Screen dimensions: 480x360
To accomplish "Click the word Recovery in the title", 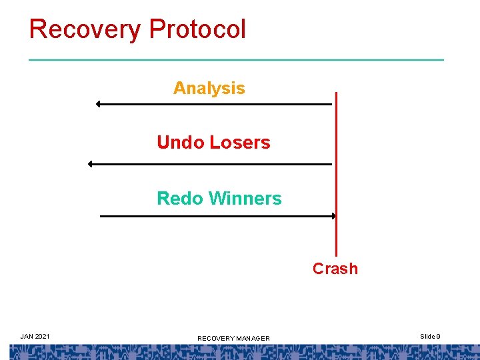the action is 85,29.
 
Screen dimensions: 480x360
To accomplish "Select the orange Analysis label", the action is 209,88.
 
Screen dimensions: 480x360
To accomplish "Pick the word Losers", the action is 239,143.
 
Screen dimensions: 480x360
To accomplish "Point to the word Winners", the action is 245,199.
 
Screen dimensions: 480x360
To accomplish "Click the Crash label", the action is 335,269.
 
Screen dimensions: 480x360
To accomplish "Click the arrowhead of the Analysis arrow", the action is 98,104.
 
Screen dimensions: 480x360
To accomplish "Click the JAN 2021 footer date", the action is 35,336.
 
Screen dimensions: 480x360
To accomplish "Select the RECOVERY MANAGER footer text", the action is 233,339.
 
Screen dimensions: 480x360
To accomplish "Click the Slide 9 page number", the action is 430,336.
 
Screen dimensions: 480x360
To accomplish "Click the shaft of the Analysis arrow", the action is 213,104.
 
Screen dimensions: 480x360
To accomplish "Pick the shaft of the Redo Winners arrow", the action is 213,216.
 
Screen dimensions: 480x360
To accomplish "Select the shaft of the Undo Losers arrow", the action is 210,164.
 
